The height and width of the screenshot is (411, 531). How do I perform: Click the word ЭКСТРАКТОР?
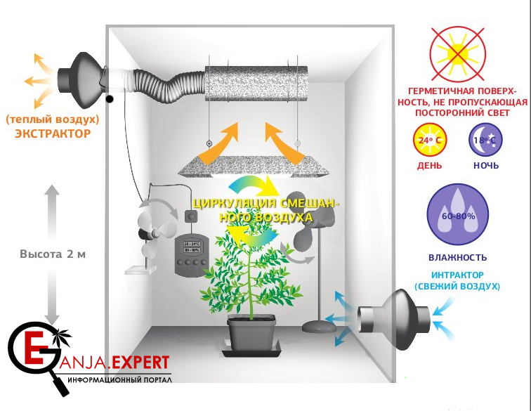coord(53,133)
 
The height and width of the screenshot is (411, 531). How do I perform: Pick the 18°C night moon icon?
coord(486,139)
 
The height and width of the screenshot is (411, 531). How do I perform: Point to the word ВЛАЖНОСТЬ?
coord(457,258)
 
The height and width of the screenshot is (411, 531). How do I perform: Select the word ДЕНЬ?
coord(428,166)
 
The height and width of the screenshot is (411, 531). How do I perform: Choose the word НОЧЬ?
coord(486,166)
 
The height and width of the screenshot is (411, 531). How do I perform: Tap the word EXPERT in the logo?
coord(140,363)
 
